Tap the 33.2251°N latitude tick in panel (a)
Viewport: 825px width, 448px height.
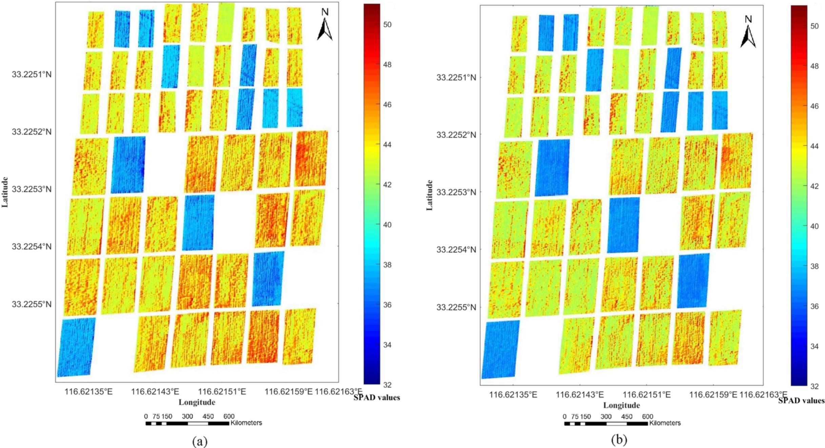(x=32, y=74)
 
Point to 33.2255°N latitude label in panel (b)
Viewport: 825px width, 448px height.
(x=456, y=307)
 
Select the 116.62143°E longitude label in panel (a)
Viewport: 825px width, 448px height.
(x=155, y=392)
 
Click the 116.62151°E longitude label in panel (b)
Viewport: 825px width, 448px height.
(x=647, y=395)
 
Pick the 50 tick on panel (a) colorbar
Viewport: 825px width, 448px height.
(x=387, y=24)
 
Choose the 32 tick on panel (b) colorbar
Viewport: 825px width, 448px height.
(x=814, y=386)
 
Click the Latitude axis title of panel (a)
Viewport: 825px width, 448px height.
(x=5, y=192)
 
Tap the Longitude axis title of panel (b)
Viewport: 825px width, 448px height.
(x=621, y=405)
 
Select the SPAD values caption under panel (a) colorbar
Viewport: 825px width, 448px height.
(x=377, y=397)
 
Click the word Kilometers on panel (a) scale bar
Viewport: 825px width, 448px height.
(x=246, y=423)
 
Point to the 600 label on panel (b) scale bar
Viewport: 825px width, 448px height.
(x=647, y=416)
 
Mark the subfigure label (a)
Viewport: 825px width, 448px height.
(x=199, y=441)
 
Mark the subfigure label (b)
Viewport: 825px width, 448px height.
(x=619, y=440)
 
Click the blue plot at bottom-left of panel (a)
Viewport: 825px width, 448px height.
(x=76, y=347)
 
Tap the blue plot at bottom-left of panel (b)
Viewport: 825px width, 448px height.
(x=500, y=349)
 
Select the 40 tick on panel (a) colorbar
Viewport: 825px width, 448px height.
(x=387, y=225)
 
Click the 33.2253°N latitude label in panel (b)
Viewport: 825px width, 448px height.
(x=456, y=192)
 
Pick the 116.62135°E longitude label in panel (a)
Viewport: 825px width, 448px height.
(x=88, y=392)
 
